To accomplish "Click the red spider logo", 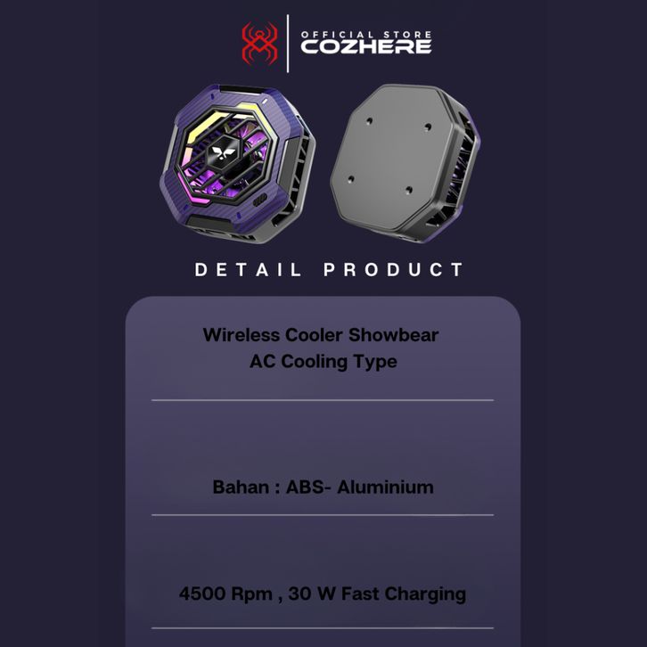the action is [259, 44].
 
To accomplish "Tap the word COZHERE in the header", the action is [366, 47].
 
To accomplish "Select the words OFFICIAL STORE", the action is [366, 35].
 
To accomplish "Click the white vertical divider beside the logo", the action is [288, 44].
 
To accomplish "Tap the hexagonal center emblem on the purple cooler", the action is [222, 153].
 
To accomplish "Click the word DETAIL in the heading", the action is [248, 269].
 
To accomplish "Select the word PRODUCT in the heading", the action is [394, 269].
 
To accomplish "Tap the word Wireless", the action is [242, 335].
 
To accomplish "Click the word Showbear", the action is [393, 335].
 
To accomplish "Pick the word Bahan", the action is [241, 487].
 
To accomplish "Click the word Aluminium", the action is [385, 487].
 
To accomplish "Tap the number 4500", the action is [202, 594].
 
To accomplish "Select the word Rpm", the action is [251, 594].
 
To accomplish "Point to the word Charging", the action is [425, 594].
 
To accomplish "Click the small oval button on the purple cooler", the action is [259, 201].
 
